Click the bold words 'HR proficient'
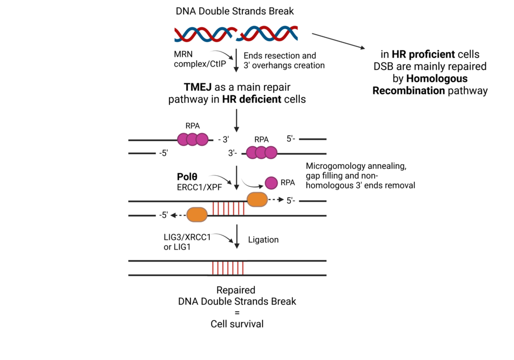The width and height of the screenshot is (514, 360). click(x=424, y=55)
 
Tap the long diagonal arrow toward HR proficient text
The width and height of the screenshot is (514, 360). click(x=339, y=42)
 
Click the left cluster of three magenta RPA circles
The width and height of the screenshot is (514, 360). click(x=193, y=140)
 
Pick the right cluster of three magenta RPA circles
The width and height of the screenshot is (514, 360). click(x=261, y=153)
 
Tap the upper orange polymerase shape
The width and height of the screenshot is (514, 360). click(x=257, y=200)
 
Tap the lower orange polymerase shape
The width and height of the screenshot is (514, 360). click(x=197, y=214)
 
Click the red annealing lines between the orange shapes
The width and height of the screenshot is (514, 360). click(x=227, y=208)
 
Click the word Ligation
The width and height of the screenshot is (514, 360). click(x=264, y=239)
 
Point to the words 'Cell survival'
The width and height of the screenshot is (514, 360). click(x=236, y=324)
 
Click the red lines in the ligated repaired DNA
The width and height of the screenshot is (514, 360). click(x=227, y=267)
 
